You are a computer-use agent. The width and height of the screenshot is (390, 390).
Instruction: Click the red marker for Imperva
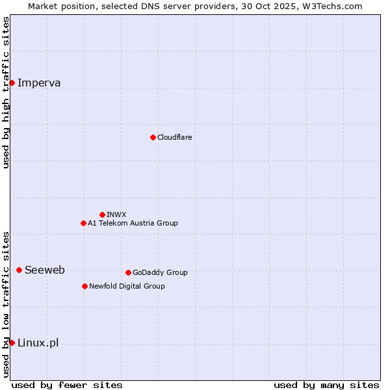click(x=12, y=83)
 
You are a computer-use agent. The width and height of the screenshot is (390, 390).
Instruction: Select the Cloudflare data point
click(x=153, y=137)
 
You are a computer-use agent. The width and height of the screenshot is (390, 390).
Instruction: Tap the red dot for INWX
click(x=102, y=214)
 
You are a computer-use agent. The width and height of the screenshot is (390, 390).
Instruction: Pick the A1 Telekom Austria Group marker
click(x=83, y=223)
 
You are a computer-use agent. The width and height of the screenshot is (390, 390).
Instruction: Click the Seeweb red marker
click(x=19, y=270)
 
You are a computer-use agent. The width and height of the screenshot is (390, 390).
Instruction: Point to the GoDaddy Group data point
click(x=128, y=272)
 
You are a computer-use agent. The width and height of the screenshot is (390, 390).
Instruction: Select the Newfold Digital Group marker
click(x=84, y=286)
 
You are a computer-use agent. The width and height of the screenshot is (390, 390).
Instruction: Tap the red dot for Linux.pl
click(x=12, y=343)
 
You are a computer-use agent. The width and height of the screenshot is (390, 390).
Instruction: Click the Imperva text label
click(x=39, y=83)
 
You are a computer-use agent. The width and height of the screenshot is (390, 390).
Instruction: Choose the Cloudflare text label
click(x=174, y=137)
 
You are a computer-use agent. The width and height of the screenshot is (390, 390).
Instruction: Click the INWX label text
click(x=116, y=214)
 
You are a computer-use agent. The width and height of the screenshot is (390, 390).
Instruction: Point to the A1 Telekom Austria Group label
click(x=133, y=223)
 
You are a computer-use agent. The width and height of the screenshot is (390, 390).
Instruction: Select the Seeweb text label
click(x=44, y=270)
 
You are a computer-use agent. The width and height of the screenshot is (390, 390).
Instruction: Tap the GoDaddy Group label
click(x=160, y=272)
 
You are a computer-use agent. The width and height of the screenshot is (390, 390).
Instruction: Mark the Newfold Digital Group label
click(x=127, y=286)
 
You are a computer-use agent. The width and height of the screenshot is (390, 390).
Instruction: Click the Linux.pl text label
click(x=38, y=343)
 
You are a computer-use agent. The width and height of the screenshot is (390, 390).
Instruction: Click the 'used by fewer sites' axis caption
click(x=67, y=385)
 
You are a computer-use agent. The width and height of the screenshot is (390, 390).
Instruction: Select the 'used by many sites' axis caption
click(x=326, y=385)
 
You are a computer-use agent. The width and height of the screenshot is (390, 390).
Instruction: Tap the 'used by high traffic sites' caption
click(x=6, y=92)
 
